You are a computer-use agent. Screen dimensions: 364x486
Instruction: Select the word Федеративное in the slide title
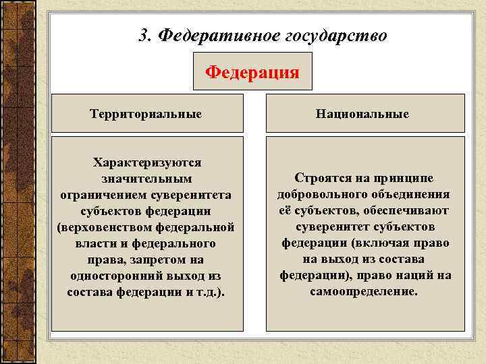[214, 35]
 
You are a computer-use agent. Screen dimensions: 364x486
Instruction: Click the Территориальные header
[146, 113]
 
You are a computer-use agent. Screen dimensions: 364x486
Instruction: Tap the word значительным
[146, 179]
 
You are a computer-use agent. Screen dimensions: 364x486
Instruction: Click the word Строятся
[320, 177]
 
